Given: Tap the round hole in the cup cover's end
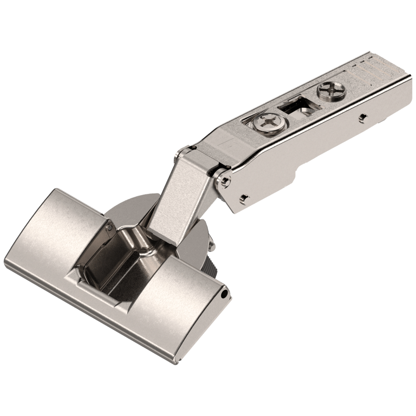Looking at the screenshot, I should click(224, 292).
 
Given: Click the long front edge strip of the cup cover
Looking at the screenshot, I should click(108, 320).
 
